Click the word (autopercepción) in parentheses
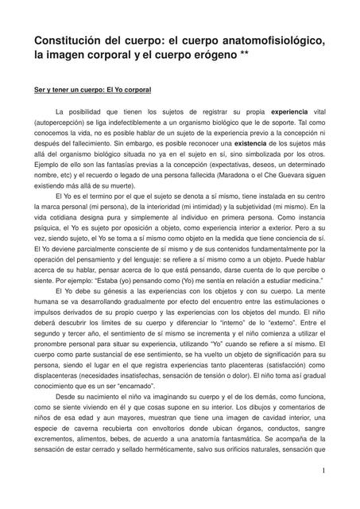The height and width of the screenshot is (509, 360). [x=61, y=126]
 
